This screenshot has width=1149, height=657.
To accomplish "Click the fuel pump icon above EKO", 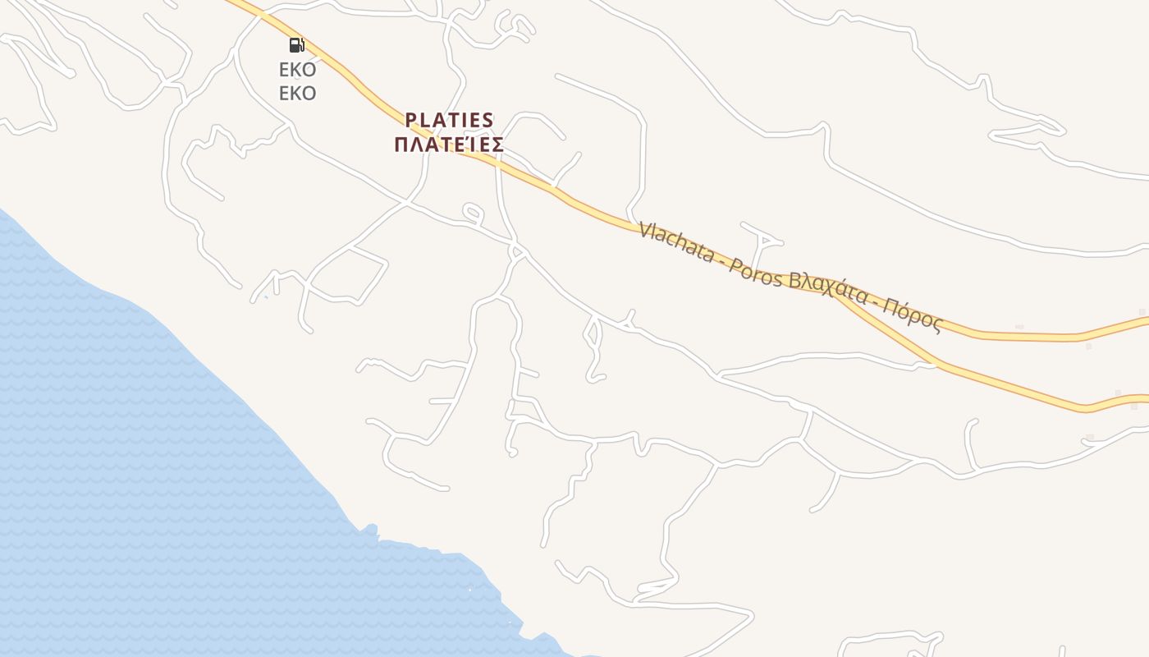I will [296, 45].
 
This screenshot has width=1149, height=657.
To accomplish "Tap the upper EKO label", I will [297, 70].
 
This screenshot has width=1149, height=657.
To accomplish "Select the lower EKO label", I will [297, 93].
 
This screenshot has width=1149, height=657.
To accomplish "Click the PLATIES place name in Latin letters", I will [450, 121].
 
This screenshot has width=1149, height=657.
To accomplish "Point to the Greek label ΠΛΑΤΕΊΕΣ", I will [448, 145].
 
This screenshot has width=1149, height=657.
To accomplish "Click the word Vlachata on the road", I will [676, 242].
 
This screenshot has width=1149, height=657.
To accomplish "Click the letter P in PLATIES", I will [411, 121].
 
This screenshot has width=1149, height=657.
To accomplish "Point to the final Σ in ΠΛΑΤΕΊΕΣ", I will [497, 145].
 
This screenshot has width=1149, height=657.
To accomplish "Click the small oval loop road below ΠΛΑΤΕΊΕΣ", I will [472, 213].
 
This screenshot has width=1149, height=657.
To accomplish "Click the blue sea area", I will [123, 452].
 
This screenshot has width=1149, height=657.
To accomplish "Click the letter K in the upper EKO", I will [297, 70].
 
